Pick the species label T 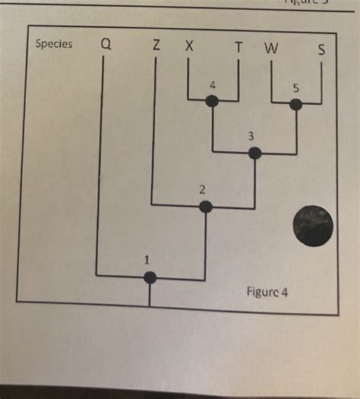coord(239,48)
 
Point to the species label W coord(271,49)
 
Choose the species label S coord(323,51)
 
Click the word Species coord(54,43)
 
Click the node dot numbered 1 coord(150,277)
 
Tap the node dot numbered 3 coord(255,153)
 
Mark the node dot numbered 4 coord(213,101)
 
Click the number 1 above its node coord(147,261)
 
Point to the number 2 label coord(202,189)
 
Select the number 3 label coord(254,135)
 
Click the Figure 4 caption coord(267,291)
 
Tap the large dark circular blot coord(313,226)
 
